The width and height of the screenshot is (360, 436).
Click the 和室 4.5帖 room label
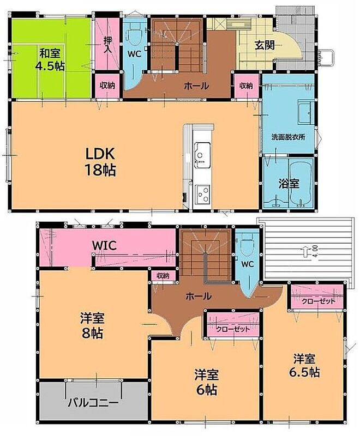pyautogui.click(x=50, y=59)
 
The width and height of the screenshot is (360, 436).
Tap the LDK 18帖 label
pyautogui.click(x=100, y=161)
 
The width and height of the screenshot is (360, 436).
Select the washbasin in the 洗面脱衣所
pyautogui.click(x=305, y=113)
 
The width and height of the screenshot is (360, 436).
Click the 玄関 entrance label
pyautogui.click(x=265, y=45)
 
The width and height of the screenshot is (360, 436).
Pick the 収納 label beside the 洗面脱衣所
pyautogui.click(x=246, y=86)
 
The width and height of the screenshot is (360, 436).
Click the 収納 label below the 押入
pyautogui.click(x=107, y=86)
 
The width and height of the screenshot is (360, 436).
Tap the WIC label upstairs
pyautogui.click(x=104, y=246)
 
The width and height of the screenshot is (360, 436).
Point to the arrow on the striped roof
pyautogui.click(x=305, y=252)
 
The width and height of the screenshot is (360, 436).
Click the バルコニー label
pyautogui.click(x=93, y=403)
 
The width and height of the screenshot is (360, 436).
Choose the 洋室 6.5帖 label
pyautogui.click(x=305, y=366)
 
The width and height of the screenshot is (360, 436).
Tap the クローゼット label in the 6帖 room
pyautogui.click(x=233, y=329)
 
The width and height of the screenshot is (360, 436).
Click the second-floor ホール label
pyautogui.click(x=199, y=296)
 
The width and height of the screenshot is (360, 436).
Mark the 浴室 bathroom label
pyautogui.click(x=289, y=183)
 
